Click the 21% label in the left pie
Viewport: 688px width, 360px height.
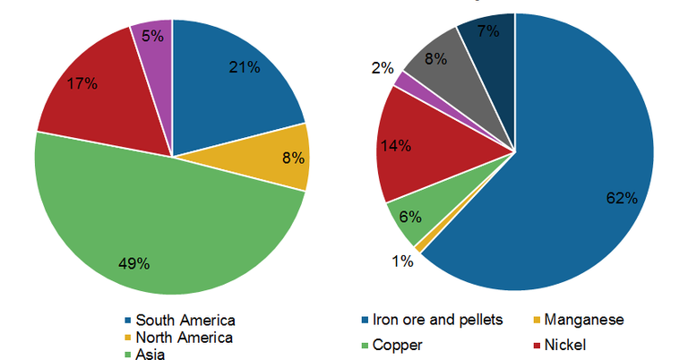click(245, 66)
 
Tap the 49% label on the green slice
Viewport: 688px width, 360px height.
click(134, 263)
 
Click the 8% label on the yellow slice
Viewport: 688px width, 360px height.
click(293, 159)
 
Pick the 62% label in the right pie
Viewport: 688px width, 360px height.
click(620, 197)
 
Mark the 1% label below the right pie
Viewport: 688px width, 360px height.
click(401, 261)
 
